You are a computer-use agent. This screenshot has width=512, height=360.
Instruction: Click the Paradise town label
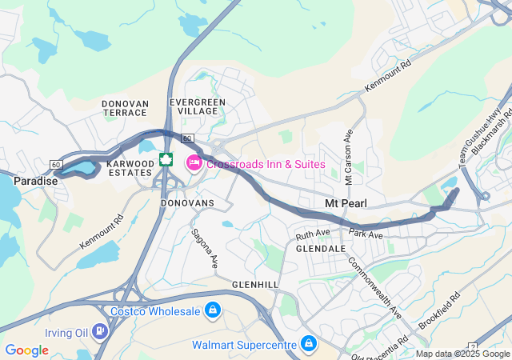(35, 181)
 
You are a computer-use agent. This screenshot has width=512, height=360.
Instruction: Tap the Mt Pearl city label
(346, 203)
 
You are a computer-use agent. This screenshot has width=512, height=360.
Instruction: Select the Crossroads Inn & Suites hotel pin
(193, 163)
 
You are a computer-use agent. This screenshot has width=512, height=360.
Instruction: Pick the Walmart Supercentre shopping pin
(308, 345)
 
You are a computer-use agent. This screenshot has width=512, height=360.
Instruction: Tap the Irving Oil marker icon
(98, 330)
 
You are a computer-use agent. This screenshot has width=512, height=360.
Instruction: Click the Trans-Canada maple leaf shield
(166, 159)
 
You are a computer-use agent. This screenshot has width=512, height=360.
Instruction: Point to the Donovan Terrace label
(126, 108)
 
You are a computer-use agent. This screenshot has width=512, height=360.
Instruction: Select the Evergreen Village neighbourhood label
(198, 106)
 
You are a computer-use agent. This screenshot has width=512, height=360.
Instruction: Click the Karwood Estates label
(130, 168)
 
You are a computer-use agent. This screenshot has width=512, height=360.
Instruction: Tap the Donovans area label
(187, 203)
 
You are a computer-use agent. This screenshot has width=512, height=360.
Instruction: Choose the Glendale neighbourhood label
(320, 249)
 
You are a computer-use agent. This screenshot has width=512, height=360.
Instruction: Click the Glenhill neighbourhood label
(254, 285)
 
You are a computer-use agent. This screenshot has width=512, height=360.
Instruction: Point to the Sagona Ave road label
(204, 248)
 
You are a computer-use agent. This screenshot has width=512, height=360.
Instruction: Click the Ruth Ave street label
(313, 234)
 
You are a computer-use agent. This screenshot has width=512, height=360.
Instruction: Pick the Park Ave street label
(366, 234)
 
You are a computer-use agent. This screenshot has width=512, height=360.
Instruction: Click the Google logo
(26, 350)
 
